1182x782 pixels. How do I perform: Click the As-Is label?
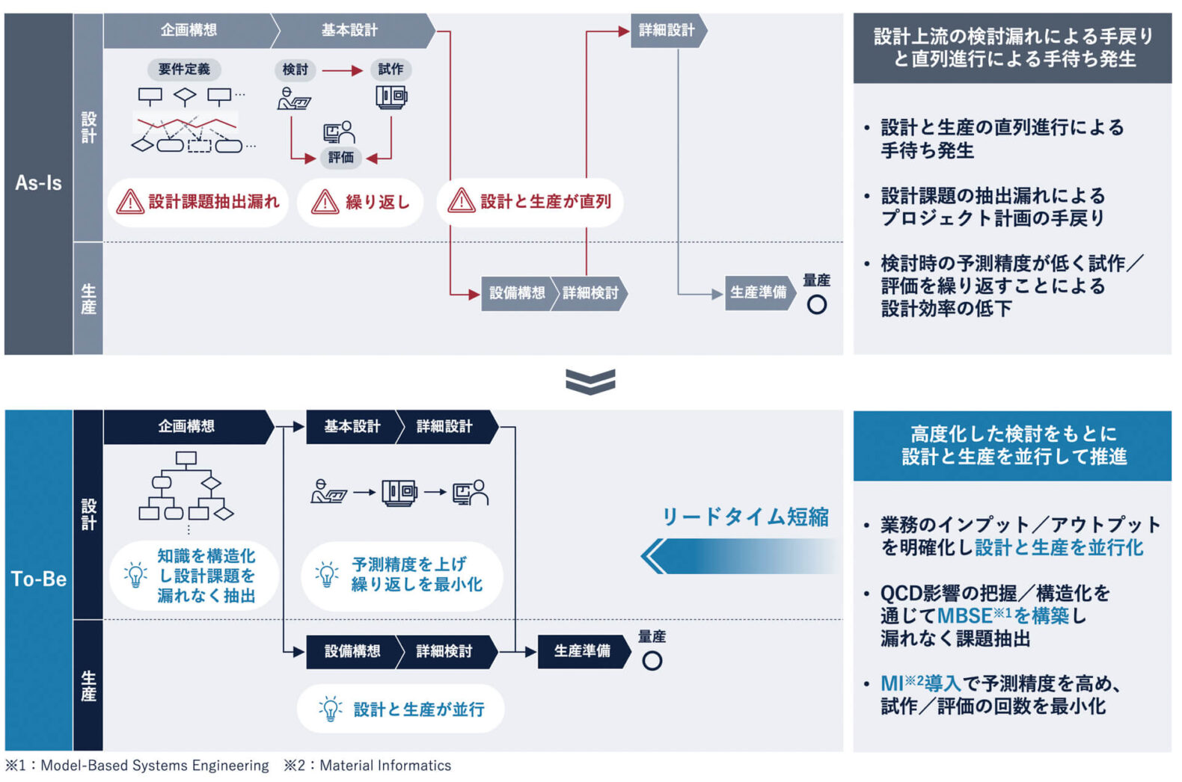tap(38, 183)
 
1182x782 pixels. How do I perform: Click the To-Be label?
tap(38, 579)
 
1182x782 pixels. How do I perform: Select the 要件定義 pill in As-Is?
tap(184, 70)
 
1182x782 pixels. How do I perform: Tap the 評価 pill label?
tap(340, 158)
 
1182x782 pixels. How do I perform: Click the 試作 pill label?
tap(390, 70)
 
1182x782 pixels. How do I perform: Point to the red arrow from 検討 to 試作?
tap(342, 71)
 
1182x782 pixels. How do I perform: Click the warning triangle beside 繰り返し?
tap(325, 202)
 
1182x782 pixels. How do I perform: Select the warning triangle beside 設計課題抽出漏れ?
tap(129, 202)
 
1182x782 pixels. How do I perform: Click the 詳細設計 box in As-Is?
tap(667, 31)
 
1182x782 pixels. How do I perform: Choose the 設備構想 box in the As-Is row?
tap(517, 293)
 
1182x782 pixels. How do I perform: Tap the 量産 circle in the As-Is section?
tap(816, 305)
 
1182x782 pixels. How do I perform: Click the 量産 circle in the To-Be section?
tap(652, 661)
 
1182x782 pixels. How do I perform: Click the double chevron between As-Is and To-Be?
tap(590, 381)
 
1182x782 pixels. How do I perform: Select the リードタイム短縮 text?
tap(745, 517)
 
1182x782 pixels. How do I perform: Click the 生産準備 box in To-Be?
tap(582, 651)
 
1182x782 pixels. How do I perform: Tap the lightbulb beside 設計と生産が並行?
tap(330, 709)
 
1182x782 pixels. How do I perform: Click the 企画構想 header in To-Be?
tap(187, 427)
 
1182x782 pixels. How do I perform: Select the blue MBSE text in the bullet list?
tap(964, 616)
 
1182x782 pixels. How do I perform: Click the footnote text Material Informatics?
tap(385, 766)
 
